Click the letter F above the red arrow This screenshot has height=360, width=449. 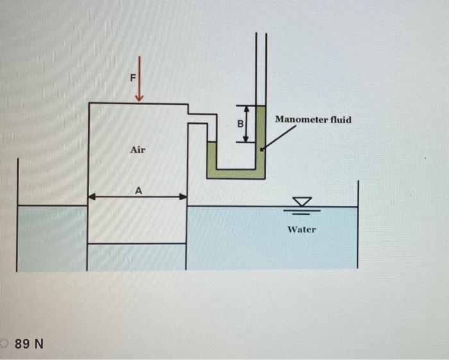pyautogui.click(x=133, y=78)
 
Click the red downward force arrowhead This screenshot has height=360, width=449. pyautogui.click(x=139, y=97)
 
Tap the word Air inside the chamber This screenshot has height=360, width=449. pyautogui.click(x=138, y=150)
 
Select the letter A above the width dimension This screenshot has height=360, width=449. pyautogui.click(x=138, y=190)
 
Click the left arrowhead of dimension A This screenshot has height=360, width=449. pyautogui.click(x=92, y=197)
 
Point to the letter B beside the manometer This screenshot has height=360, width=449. pyautogui.click(x=242, y=123)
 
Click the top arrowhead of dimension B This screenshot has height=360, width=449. pyautogui.click(x=244, y=108)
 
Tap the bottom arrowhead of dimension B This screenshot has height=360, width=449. pyautogui.click(x=244, y=139)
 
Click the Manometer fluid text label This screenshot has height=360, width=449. pyautogui.click(x=313, y=120)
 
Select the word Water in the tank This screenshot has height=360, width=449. pyautogui.click(x=301, y=229)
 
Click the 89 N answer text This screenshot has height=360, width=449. pyautogui.click(x=29, y=344)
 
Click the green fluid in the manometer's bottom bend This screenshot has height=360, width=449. pyautogui.click(x=235, y=173)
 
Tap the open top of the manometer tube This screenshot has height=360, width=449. pyautogui.click(x=260, y=35)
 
